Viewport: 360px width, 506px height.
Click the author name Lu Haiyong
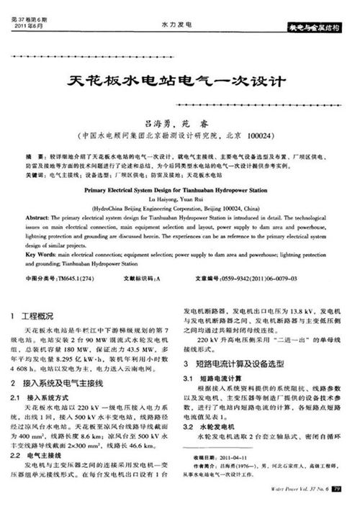pyautogui.click(x=157, y=199)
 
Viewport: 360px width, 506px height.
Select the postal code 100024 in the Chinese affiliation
pyautogui.click(x=255, y=135)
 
